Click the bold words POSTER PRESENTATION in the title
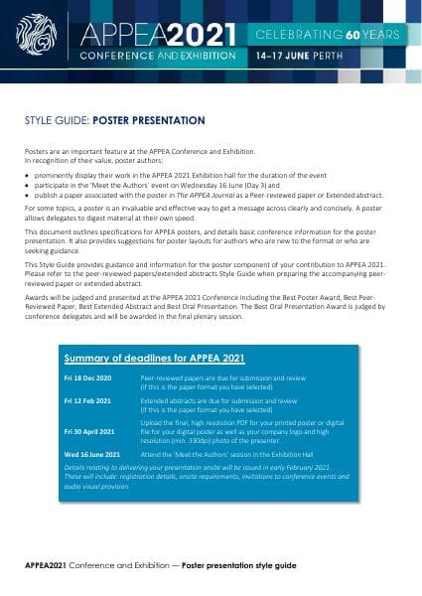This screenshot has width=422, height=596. tap(149, 120)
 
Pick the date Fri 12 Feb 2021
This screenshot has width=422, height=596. tap(87, 399)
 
